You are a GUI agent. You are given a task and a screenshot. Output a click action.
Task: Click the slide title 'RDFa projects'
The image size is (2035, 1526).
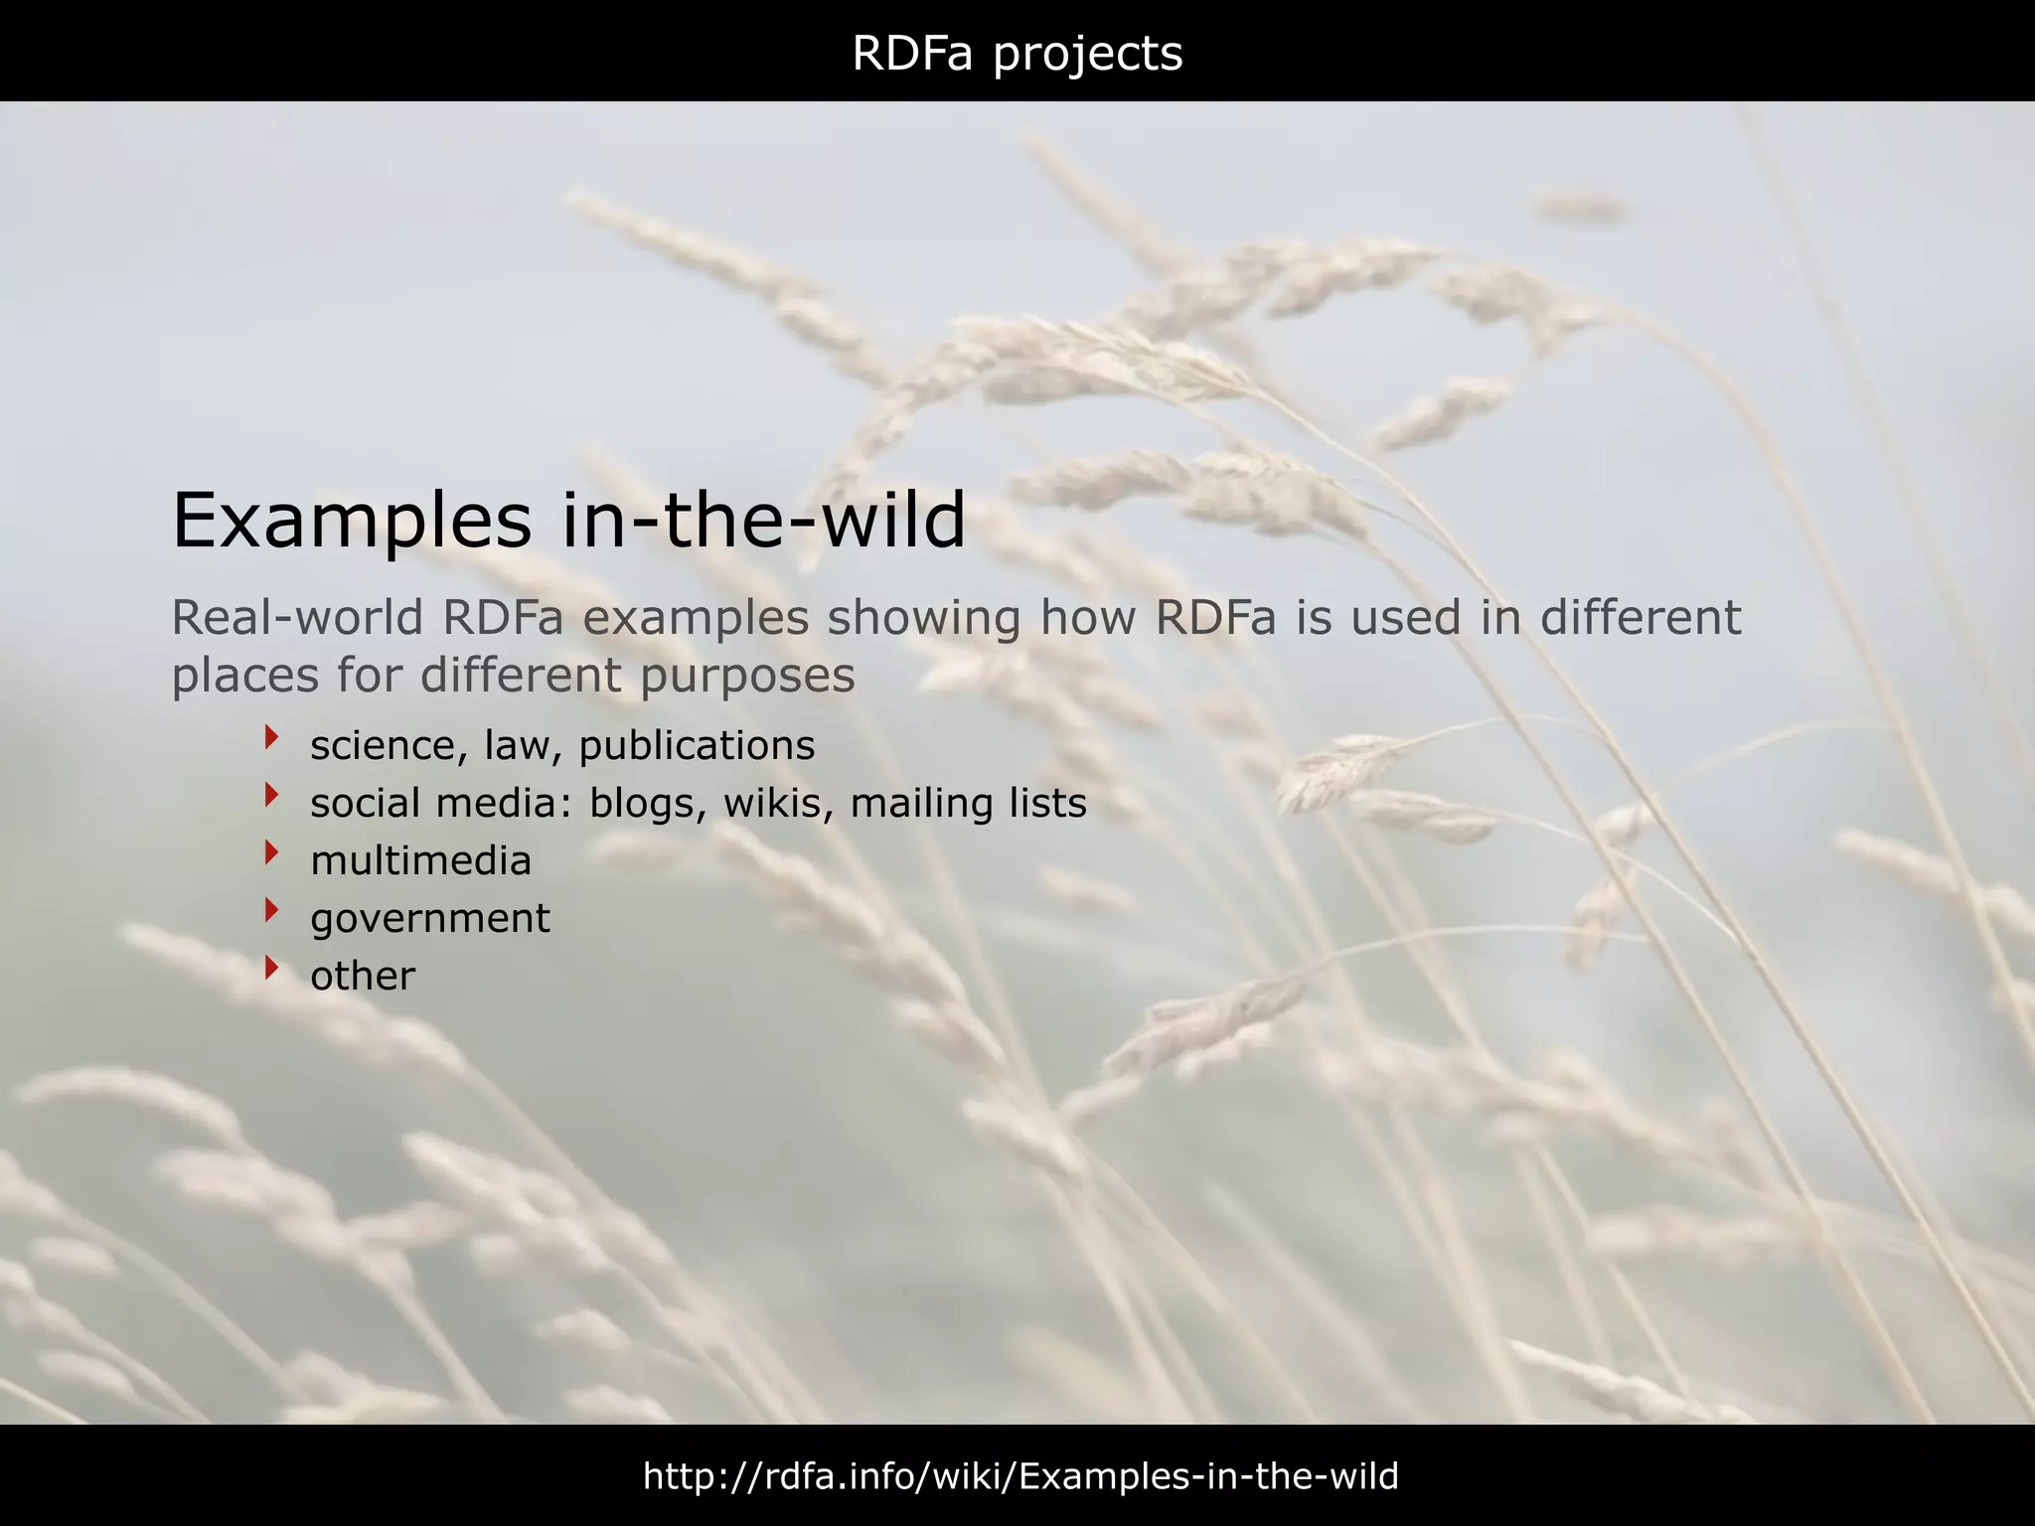click(1017, 54)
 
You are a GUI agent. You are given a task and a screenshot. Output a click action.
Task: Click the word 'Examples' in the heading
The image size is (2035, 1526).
click(352, 521)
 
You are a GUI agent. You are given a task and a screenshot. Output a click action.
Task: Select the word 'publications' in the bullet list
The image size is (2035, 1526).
click(697, 746)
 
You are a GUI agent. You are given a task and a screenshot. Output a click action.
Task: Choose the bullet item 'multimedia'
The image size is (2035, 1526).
click(420, 861)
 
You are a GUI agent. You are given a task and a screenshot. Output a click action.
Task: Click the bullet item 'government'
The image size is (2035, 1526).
click(429, 919)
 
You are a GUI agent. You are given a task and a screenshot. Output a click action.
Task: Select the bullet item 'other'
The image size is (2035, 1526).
click(362, 976)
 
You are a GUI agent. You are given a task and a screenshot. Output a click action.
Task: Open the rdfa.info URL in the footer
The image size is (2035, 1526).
click(1020, 1476)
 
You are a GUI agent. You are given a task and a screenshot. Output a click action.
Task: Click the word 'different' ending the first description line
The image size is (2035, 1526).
click(1640, 618)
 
